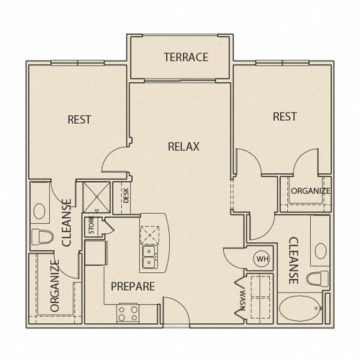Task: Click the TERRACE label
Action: [186, 57]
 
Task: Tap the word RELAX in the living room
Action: [184, 146]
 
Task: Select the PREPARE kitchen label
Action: [132, 287]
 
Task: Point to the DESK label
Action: [126, 195]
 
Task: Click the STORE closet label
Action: [91, 225]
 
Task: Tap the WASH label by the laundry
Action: [243, 300]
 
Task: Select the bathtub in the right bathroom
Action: [301, 308]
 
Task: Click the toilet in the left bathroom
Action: [42, 237]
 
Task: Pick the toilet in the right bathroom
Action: [318, 279]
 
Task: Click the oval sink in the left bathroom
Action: [40, 211]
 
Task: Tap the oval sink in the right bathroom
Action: [320, 251]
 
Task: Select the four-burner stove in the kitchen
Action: [127, 313]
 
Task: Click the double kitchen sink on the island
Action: [149, 257]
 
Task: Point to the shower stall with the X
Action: [96, 197]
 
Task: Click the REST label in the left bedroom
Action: [79, 120]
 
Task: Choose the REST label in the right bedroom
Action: [285, 117]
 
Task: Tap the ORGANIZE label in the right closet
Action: [310, 191]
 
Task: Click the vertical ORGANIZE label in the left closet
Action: [55, 286]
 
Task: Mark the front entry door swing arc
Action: [182, 304]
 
